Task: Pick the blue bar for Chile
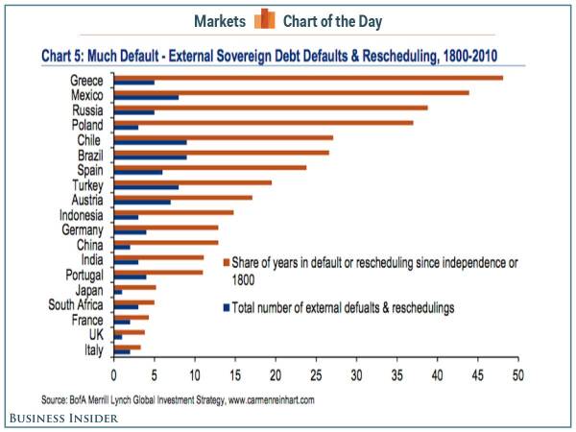(150, 142)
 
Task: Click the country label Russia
(87, 108)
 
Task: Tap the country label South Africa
(76, 305)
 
